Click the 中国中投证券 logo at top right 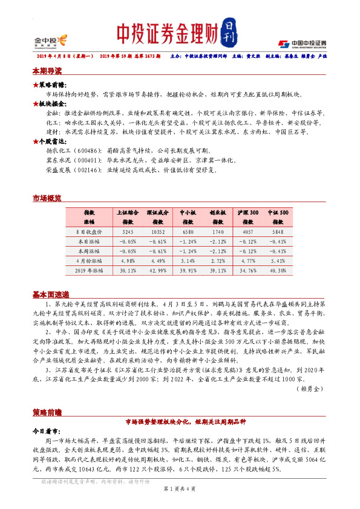(302, 44)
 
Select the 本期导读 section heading (47, 71)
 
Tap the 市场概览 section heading (47, 198)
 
